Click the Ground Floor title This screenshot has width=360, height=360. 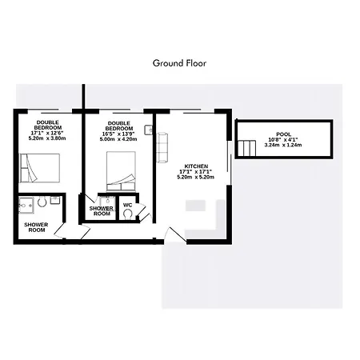click(179, 63)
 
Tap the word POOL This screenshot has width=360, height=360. click(283, 134)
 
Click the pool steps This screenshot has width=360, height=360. click(247, 148)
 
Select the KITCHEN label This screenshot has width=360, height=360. click(196, 166)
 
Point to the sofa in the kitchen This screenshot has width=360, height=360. click(162, 147)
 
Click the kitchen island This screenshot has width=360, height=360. click(195, 206)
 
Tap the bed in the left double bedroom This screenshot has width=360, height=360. click(40, 168)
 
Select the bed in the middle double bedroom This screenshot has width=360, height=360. click(121, 171)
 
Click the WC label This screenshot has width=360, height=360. click(128, 205)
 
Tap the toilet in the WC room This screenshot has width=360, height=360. click(128, 214)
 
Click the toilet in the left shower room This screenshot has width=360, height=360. click(42, 202)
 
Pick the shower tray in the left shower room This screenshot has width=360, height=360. click(26, 206)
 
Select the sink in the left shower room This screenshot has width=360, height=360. click(55, 200)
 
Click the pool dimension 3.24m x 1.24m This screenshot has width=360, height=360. click(283, 145)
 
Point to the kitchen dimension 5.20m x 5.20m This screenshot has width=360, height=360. click(196, 177)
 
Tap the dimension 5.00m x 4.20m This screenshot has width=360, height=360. click(118, 139)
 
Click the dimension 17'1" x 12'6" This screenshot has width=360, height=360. click(47, 133)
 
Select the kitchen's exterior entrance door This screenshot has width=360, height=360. click(175, 234)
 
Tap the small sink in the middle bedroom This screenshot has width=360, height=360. click(149, 130)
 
